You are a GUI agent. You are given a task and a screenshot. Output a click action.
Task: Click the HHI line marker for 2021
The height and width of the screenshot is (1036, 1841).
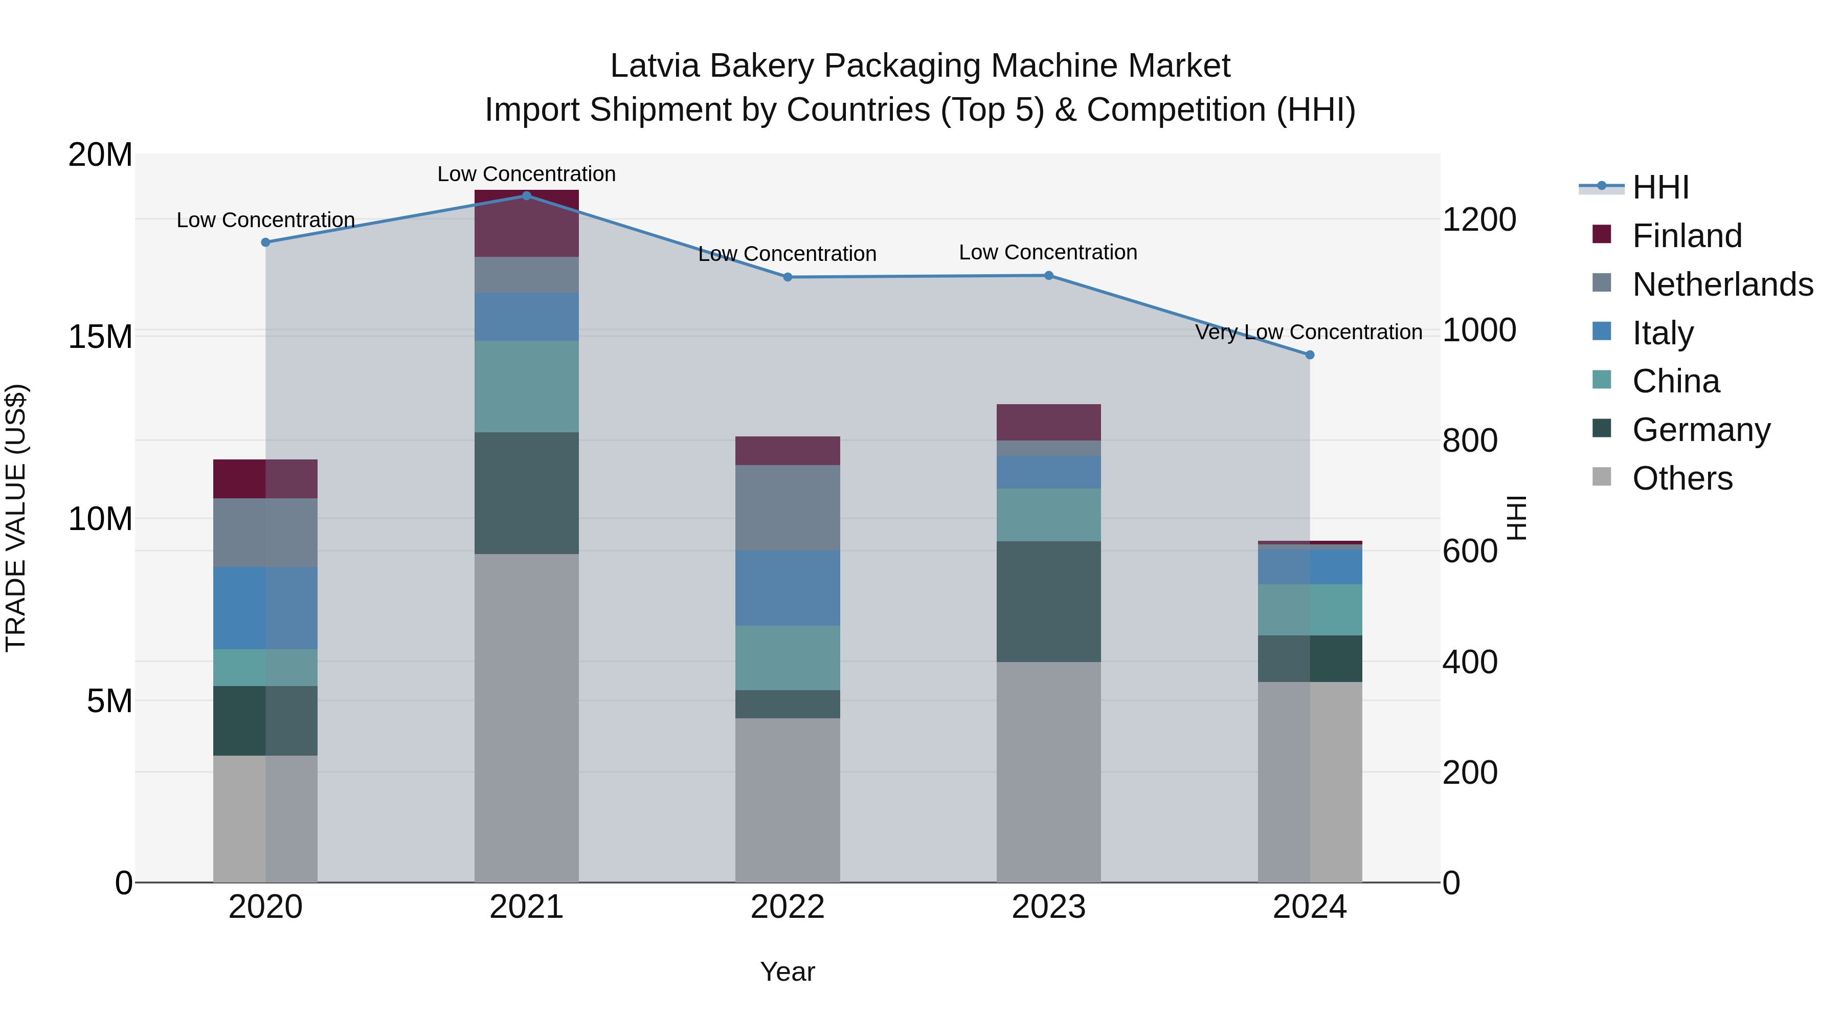pyautogui.click(x=526, y=195)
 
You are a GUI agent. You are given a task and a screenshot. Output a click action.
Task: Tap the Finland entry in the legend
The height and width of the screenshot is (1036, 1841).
pyautogui.click(x=1687, y=236)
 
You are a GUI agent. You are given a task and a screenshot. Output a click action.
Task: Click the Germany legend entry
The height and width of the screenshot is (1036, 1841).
pyautogui.click(x=1701, y=430)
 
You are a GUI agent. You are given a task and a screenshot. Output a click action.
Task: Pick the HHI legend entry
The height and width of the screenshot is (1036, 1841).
pyautogui.click(x=1660, y=187)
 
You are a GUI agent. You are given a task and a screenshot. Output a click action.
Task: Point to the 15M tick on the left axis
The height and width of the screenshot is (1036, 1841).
pyautogui.click(x=100, y=336)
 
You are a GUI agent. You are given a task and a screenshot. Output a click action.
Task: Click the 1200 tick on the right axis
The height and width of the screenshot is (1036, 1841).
pyautogui.click(x=1478, y=219)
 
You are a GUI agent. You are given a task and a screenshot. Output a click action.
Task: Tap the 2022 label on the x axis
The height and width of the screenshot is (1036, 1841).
pyautogui.click(x=787, y=907)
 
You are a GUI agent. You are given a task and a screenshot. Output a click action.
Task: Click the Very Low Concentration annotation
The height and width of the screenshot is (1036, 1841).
pyautogui.click(x=1309, y=333)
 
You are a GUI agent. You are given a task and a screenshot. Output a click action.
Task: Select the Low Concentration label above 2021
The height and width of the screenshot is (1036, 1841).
pyautogui.click(x=526, y=174)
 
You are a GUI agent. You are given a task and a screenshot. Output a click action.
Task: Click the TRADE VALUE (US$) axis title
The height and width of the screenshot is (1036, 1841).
pyautogui.click(x=16, y=518)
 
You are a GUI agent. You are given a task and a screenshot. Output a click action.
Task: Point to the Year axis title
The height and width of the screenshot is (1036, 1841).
pyautogui.click(x=787, y=972)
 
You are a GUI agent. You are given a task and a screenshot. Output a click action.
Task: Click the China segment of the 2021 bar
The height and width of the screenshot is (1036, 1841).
pyautogui.click(x=526, y=386)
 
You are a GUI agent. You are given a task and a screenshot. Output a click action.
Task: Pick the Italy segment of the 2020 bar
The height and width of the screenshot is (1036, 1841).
pyautogui.click(x=264, y=608)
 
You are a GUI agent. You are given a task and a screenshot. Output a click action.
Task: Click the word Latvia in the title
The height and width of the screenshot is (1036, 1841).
pyautogui.click(x=653, y=66)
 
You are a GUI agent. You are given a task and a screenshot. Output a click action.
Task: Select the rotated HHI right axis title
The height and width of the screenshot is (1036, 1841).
pyautogui.click(x=1516, y=518)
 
